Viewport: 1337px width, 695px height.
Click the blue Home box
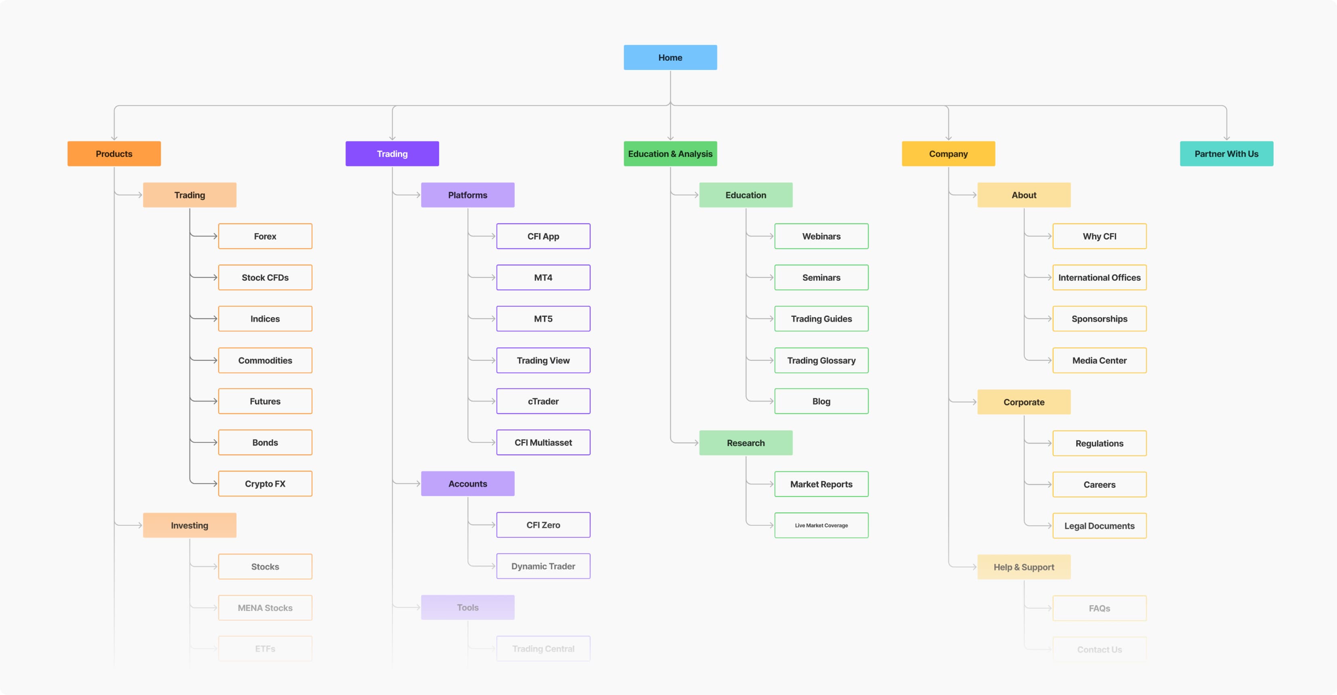coord(670,58)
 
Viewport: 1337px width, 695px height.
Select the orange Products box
coord(114,154)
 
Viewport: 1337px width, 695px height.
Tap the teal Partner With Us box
coord(1226,154)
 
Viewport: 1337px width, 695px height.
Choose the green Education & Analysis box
coord(670,154)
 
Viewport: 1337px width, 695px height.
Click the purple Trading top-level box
coord(392,154)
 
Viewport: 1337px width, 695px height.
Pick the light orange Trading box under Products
coord(189,195)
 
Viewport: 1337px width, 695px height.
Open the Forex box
coord(265,236)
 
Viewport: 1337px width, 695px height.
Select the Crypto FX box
coord(265,484)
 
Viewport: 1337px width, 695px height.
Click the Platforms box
coord(467,195)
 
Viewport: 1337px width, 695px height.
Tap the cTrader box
coord(543,401)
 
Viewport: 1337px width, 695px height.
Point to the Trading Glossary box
coord(821,360)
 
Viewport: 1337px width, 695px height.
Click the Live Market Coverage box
coord(821,525)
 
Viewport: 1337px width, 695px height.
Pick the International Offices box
coord(1099,277)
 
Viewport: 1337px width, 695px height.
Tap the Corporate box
coord(1023,402)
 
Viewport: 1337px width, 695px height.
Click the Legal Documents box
coord(1099,526)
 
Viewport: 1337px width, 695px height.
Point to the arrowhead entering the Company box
coord(948,138)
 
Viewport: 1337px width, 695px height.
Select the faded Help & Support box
coord(1023,567)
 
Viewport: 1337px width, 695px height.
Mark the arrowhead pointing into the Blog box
coord(771,401)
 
